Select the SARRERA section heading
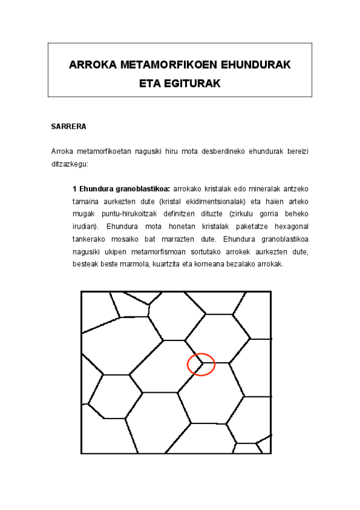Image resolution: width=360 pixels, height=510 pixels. (x=69, y=127)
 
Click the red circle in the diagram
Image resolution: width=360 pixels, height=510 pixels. (x=201, y=364)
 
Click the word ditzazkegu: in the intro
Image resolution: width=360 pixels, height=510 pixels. (x=70, y=163)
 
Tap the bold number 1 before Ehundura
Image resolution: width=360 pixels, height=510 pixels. (x=75, y=188)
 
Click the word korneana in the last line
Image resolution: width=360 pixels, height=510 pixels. (x=219, y=265)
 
